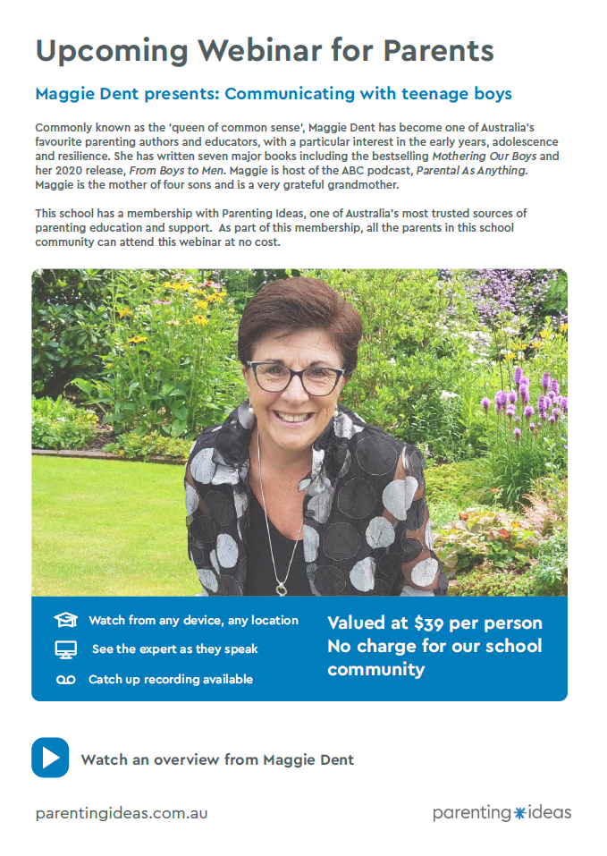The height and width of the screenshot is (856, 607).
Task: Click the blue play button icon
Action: [x=50, y=758]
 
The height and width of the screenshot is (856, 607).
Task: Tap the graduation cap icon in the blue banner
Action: [x=65, y=620]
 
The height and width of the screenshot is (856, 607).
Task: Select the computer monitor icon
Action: [x=65, y=650]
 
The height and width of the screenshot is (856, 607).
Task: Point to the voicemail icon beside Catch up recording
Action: [x=65, y=680]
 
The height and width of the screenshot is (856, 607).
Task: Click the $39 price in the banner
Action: [x=434, y=623]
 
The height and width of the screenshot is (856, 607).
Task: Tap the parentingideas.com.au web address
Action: [x=122, y=814]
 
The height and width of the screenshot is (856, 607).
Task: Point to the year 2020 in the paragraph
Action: [x=73, y=172]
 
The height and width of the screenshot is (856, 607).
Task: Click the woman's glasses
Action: [x=295, y=377]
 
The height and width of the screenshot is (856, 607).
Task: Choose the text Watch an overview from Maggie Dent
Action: [x=217, y=759]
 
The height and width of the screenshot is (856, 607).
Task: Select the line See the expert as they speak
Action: [x=174, y=649]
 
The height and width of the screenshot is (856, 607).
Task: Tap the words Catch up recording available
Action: [x=170, y=680]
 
